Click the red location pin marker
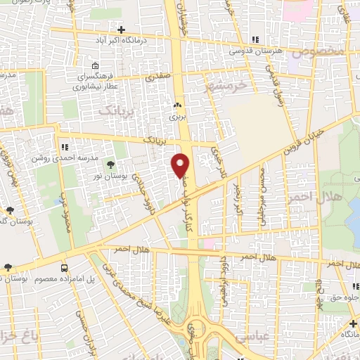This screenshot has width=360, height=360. pyautogui.click(x=181, y=165)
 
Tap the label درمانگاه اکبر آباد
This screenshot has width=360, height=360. pyautogui.click(x=121, y=41)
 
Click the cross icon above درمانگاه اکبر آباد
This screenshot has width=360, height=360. pyautogui.click(x=121, y=30)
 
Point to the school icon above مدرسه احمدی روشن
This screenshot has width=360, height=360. pyautogui.click(x=65, y=147)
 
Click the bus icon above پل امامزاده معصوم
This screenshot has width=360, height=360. pyautogui.click(x=65, y=268)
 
